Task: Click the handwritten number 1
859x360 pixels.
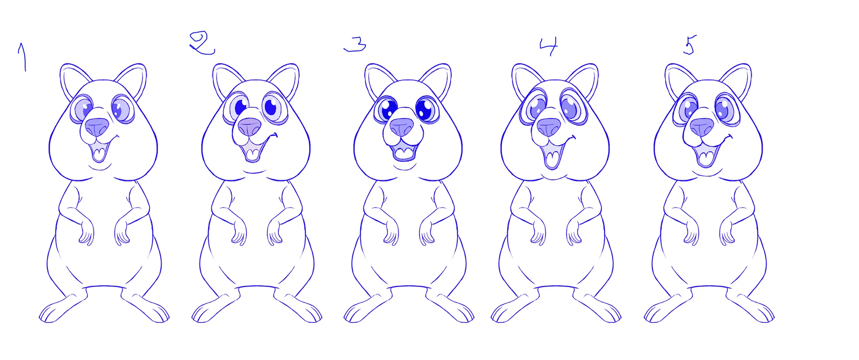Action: point(22,56)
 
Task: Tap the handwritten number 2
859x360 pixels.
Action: point(202,43)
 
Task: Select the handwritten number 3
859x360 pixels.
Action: point(356,44)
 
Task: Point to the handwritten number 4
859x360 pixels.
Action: point(549,46)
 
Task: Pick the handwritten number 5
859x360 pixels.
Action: point(689,45)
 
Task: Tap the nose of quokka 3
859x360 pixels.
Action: point(401,127)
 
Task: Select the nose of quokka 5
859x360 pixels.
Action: point(702,127)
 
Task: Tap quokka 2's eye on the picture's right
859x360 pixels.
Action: point(272,107)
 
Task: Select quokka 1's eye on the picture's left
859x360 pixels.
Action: point(83,109)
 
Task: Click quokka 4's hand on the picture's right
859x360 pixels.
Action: point(573,232)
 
